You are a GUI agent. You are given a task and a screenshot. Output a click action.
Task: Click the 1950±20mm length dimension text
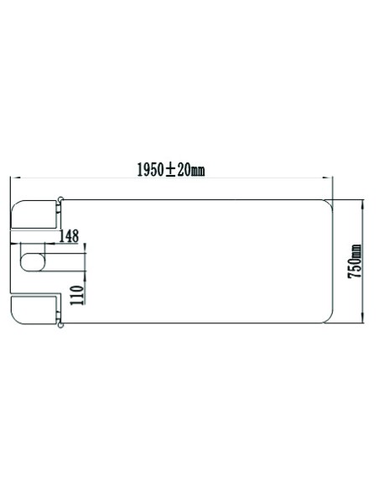171,170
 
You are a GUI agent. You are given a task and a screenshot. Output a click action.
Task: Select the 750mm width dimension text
356,261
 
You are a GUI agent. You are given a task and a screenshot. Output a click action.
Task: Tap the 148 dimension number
69,236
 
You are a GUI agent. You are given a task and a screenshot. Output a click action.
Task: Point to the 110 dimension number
77,296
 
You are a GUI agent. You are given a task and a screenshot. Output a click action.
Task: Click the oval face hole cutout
33,262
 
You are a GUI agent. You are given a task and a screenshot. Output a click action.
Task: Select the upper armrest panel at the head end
34,214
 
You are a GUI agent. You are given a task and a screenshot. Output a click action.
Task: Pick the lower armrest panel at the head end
34,311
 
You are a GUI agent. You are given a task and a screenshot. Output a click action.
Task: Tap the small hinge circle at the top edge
61,198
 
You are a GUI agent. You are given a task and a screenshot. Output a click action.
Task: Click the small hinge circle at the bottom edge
61,326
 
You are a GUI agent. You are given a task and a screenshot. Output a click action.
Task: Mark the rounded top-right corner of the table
329,203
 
